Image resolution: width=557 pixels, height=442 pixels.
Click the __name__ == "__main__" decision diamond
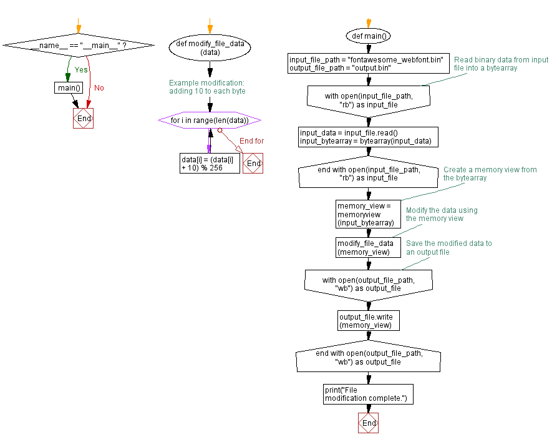79,46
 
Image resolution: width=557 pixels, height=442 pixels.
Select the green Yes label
81,70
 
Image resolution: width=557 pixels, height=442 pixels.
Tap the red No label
99,87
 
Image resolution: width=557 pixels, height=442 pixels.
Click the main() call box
69,87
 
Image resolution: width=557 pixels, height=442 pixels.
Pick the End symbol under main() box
83,118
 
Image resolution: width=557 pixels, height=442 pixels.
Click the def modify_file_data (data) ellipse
210,49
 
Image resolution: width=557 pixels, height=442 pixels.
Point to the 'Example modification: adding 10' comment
207,87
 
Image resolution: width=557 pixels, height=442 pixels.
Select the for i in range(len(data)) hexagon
210,120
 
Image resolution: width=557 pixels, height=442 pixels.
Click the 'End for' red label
251,141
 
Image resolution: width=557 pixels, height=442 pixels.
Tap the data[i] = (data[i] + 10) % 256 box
210,163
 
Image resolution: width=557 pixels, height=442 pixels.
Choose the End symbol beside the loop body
253,164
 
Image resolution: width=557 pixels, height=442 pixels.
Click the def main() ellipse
369,36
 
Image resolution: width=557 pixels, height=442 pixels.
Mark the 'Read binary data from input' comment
501,64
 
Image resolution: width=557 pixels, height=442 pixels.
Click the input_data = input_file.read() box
368,137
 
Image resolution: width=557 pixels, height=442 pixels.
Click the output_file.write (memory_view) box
367,320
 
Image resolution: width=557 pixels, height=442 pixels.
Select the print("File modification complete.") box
368,394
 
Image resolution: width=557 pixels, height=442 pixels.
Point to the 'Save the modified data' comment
448,247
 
